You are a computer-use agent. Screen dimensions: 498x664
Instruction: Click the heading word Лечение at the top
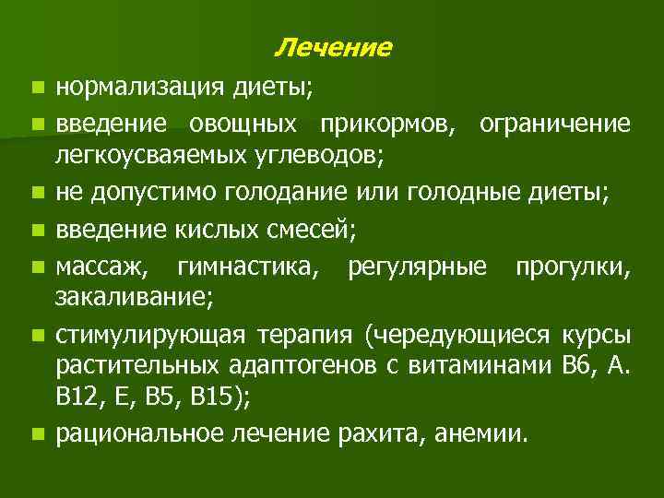pyautogui.click(x=333, y=47)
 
